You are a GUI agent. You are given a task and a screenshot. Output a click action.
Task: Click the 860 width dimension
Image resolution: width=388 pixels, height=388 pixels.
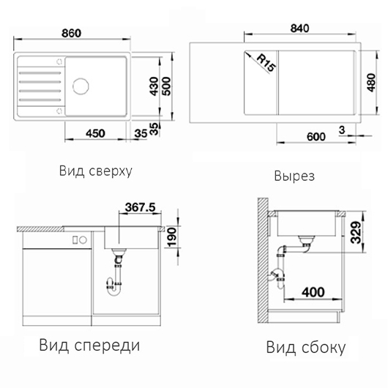(x=71, y=33)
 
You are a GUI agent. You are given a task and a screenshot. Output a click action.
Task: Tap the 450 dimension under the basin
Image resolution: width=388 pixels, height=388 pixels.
(x=95, y=134)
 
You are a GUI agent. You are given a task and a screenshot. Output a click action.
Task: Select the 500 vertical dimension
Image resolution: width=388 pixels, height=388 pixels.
(x=167, y=86)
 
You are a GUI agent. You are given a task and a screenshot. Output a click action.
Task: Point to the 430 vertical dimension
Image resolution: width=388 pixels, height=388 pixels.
(x=154, y=86)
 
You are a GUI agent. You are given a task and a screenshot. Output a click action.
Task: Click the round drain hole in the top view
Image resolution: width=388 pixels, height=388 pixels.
(x=81, y=86)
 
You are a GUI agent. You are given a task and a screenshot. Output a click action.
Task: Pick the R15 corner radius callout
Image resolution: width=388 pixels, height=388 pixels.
(x=266, y=63)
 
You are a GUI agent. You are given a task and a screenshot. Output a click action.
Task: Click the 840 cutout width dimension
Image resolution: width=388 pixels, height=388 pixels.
(x=299, y=29)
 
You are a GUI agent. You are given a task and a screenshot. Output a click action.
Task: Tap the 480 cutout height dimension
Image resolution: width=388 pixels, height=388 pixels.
(x=371, y=83)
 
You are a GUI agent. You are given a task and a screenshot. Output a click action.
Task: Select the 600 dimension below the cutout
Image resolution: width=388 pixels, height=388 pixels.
(x=316, y=137)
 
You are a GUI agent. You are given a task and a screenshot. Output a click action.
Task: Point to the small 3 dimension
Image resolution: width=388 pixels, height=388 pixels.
(x=342, y=130)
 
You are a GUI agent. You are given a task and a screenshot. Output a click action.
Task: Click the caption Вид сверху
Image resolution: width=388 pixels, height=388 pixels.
(x=96, y=171)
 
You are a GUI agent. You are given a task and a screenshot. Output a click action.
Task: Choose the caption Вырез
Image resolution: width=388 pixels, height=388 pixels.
(x=294, y=176)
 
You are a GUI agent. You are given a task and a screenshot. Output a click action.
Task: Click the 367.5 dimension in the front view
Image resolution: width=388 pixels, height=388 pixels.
(x=141, y=207)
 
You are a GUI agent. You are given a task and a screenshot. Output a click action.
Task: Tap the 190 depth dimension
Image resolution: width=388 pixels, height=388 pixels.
(x=172, y=237)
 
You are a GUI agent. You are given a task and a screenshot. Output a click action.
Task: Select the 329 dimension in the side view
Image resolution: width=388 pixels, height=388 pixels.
(x=357, y=233)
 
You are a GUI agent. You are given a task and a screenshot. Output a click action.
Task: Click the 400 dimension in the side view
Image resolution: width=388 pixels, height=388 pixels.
(x=313, y=292)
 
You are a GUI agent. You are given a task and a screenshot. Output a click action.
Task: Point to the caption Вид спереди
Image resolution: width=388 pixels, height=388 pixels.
(x=89, y=346)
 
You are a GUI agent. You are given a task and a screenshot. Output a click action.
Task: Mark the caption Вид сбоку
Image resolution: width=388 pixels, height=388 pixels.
(x=306, y=347)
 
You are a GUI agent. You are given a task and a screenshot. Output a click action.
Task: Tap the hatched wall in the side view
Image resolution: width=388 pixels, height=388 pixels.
(x=263, y=260)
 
